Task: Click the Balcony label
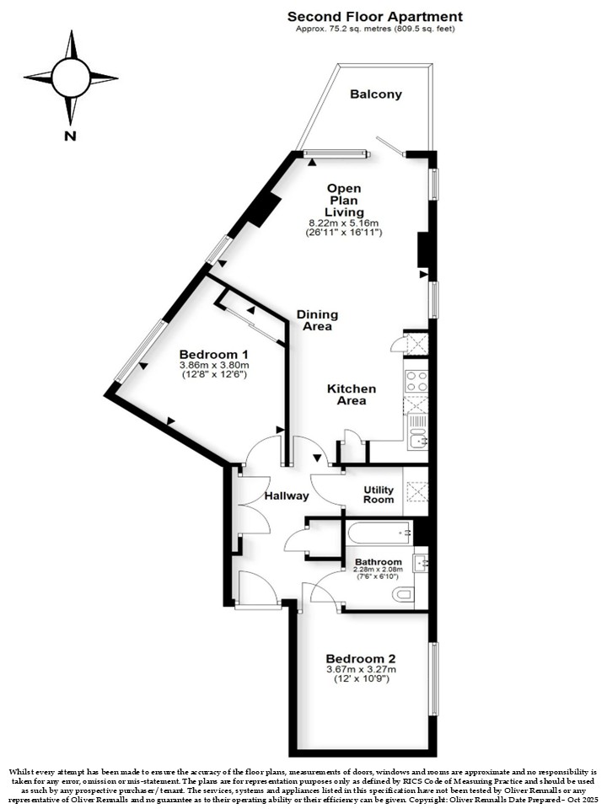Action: [375, 94]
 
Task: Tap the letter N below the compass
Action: [70, 137]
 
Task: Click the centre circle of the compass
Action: [71, 78]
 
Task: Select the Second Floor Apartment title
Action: [375, 17]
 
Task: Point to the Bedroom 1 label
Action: [213, 355]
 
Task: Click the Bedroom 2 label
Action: [361, 659]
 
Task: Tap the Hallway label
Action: [287, 496]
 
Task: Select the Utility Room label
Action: [379, 495]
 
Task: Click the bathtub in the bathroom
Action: [379, 533]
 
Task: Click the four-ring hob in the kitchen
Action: [416, 382]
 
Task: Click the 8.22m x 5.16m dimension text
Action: [344, 222]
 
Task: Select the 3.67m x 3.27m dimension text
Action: [361, 670]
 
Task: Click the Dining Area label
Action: [318, 320]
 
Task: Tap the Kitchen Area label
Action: [352, 394]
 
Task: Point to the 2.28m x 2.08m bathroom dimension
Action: [379, 570]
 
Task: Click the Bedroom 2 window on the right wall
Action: [435, 678]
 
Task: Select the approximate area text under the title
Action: [375, 29]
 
